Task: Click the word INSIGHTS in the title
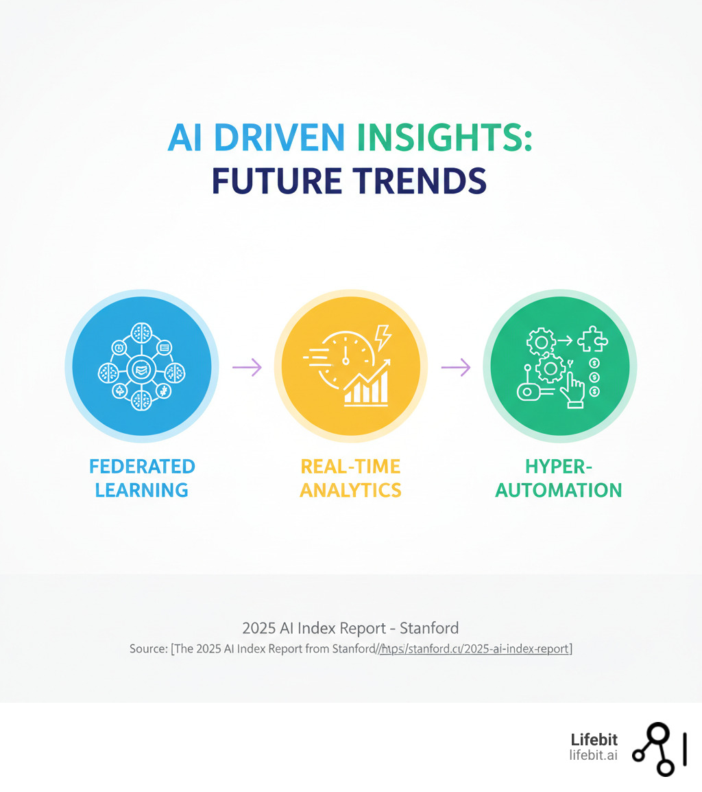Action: point(444,139)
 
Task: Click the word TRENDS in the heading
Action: point(417,181)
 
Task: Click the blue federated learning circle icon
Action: point(142,366)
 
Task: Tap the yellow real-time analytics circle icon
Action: point(350,366)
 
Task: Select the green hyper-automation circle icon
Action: point(559,366)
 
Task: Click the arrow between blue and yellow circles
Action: point(247,367)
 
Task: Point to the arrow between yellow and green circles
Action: point(455,367)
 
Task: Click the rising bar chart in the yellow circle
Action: point(367,385)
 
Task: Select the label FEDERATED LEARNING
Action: point(142,478)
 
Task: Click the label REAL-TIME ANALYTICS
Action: point(350,478)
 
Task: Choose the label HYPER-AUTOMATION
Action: point(559,478)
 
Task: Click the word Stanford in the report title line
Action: point(429,627)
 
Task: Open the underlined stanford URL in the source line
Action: point(476,649)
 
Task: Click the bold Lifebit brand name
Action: point(594,740)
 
